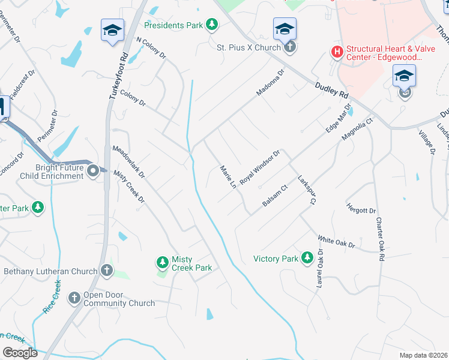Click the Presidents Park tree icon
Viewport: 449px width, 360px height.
click(211, 24)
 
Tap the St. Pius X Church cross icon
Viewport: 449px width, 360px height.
click(289, 47)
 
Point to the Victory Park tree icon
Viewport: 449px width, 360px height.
click(307, 259)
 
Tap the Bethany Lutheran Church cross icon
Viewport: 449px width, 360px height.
click(107, 271)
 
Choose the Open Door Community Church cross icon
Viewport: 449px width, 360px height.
click(74, 298)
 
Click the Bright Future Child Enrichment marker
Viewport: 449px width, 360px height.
click(93, 172)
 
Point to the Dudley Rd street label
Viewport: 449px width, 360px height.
click(331, 91)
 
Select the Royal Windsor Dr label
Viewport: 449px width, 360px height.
click(260, 168)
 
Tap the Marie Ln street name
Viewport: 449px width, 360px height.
click(227, 178)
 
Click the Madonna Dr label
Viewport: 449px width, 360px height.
click(272, 82)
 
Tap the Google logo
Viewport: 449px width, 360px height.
click(20, 353)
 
